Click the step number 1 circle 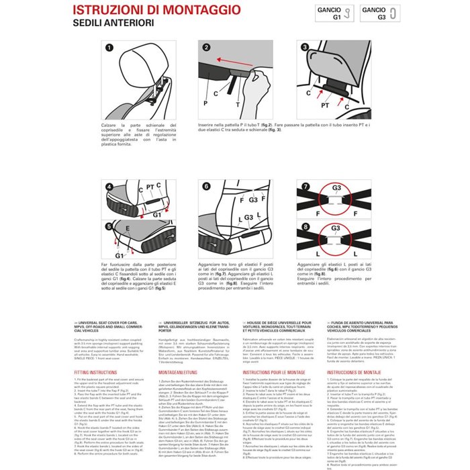click(109, 48)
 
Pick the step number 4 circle click(109, 186)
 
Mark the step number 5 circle click(109, 227)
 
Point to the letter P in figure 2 click(205, 104)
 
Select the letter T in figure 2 click(237, 104)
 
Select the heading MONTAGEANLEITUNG click(177, 371)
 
